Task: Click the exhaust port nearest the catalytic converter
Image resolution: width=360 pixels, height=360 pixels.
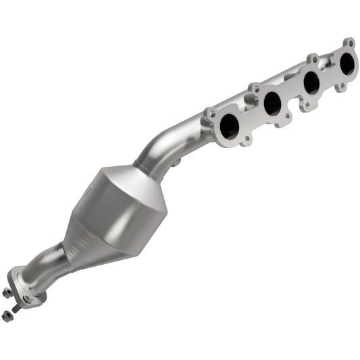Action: coord(230,126)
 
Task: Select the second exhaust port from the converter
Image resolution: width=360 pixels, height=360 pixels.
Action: coord(272,103)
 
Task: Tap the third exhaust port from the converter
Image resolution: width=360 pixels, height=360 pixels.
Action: coord(311,82)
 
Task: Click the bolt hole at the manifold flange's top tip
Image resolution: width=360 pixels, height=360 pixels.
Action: coord(349,42)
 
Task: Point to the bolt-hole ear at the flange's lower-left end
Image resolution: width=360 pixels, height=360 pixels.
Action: coord(211,114)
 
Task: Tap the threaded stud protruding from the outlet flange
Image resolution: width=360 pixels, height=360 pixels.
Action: coord(15,308)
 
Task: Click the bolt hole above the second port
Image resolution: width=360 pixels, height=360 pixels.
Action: coord(253,88)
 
